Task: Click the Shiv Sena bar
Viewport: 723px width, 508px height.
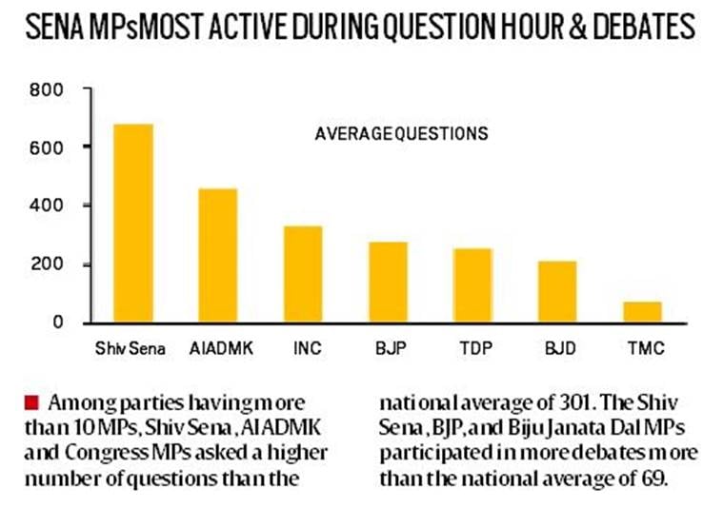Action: tap(133, 224)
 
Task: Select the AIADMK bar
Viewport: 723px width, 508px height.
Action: tap(218, 256)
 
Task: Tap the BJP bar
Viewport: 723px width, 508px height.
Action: tap(388, 283)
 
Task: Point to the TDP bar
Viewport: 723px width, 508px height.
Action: tap(472, 285)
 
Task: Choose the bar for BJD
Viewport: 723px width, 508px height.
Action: tap(557, 292)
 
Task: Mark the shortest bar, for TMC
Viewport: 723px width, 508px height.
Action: tap(642, 312)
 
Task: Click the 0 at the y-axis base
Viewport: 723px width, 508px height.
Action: tap(57, 322)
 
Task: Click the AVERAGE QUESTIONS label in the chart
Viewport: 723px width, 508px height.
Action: tap(401, 134)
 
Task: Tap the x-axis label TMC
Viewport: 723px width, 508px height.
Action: tap(642, 348)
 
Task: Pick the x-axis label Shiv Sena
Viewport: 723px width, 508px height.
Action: tap(131, 348)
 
